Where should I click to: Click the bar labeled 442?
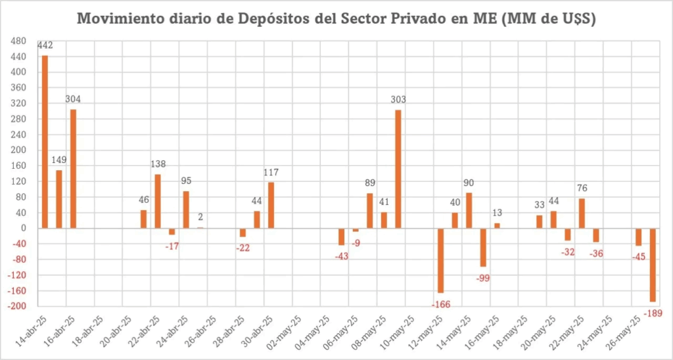(x=45, y=141)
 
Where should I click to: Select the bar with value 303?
(x=398, y=169)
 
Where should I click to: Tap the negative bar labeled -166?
(x=441, y=260)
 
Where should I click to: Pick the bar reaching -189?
(x=653, y=265)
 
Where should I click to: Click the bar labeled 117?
(x=271, y=205)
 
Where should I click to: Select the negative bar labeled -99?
(x=483, y=247)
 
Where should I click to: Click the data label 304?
(x=73, y=99)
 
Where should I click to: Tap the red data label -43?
(x=342, y=256)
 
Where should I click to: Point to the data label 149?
(x=59, y=160)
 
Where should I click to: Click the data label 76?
(x=582, y=189)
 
